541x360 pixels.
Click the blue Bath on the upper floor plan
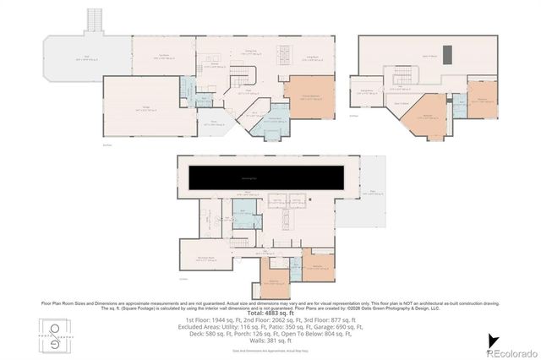pyautogui.click(x=460, y=108)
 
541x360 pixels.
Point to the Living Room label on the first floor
pyautogui.click(x=309, y=56)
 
